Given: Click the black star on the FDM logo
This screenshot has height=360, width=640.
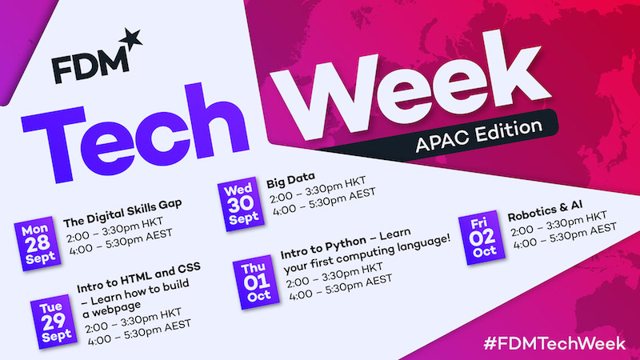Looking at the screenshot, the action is pos(131,39).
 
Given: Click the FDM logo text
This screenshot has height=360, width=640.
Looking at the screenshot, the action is pos(90,66).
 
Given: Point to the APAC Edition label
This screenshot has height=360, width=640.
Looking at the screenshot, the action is pos(478,136).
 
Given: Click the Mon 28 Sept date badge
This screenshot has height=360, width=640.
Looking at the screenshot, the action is pos(38,244).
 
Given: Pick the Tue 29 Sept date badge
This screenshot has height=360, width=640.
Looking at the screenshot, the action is pos(54,322).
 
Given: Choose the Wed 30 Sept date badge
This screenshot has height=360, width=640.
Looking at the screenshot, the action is pos(241,204).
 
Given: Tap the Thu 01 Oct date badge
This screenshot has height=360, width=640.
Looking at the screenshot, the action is pos(256,282).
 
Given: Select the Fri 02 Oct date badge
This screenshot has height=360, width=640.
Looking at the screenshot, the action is pos(482,238).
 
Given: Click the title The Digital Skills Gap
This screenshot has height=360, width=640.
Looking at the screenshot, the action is pos(122,213).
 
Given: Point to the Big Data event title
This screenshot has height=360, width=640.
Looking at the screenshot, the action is pos(290,180).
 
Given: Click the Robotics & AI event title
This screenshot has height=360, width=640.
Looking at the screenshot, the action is pos(545,211).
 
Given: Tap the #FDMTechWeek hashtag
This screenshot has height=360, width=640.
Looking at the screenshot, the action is pos(554,343).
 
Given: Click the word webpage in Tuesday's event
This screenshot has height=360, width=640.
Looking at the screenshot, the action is pos(111,309).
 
